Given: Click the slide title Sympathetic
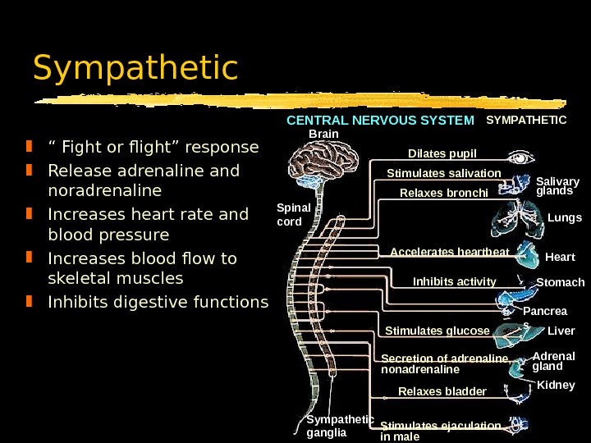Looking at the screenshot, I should (135, 69).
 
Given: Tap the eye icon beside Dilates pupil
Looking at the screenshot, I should (520, 157).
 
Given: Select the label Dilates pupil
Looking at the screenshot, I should (442, 153).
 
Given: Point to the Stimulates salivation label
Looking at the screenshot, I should (443, 173).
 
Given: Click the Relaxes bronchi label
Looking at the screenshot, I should (443, 194).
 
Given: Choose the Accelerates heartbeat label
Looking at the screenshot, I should (449, 251).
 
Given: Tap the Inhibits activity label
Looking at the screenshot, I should (454, 281).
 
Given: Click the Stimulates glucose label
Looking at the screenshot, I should (437, 331).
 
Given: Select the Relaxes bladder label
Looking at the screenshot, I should (442, 390).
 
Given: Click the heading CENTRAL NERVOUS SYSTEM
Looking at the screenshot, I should (380, 121).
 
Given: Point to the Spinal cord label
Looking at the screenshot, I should (294, 214).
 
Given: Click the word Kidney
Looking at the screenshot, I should (556, 385).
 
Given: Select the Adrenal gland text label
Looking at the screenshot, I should (554, 361).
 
